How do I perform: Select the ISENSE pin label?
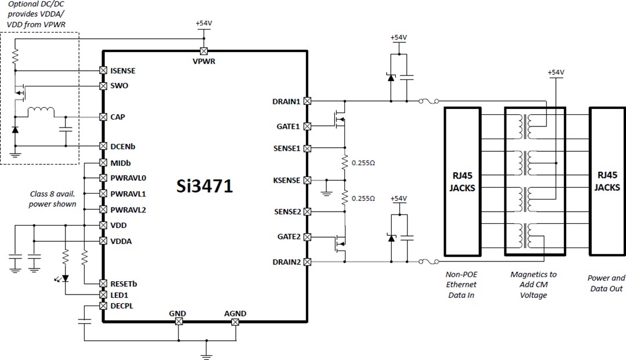(122, 71)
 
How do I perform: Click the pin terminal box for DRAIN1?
(307, 101)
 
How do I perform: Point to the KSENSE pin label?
(286, 180)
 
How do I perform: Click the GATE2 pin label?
(288, 237)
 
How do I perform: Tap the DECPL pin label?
(122, 306)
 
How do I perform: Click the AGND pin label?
(235, 314)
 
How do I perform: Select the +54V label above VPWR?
(204, 23)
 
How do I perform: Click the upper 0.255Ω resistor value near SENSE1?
(363, 163)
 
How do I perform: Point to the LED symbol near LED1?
(64, 278)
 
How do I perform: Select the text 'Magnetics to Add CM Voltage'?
(533, 285)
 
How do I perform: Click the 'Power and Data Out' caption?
(607, 283)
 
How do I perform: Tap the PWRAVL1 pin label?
(128, 194)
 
